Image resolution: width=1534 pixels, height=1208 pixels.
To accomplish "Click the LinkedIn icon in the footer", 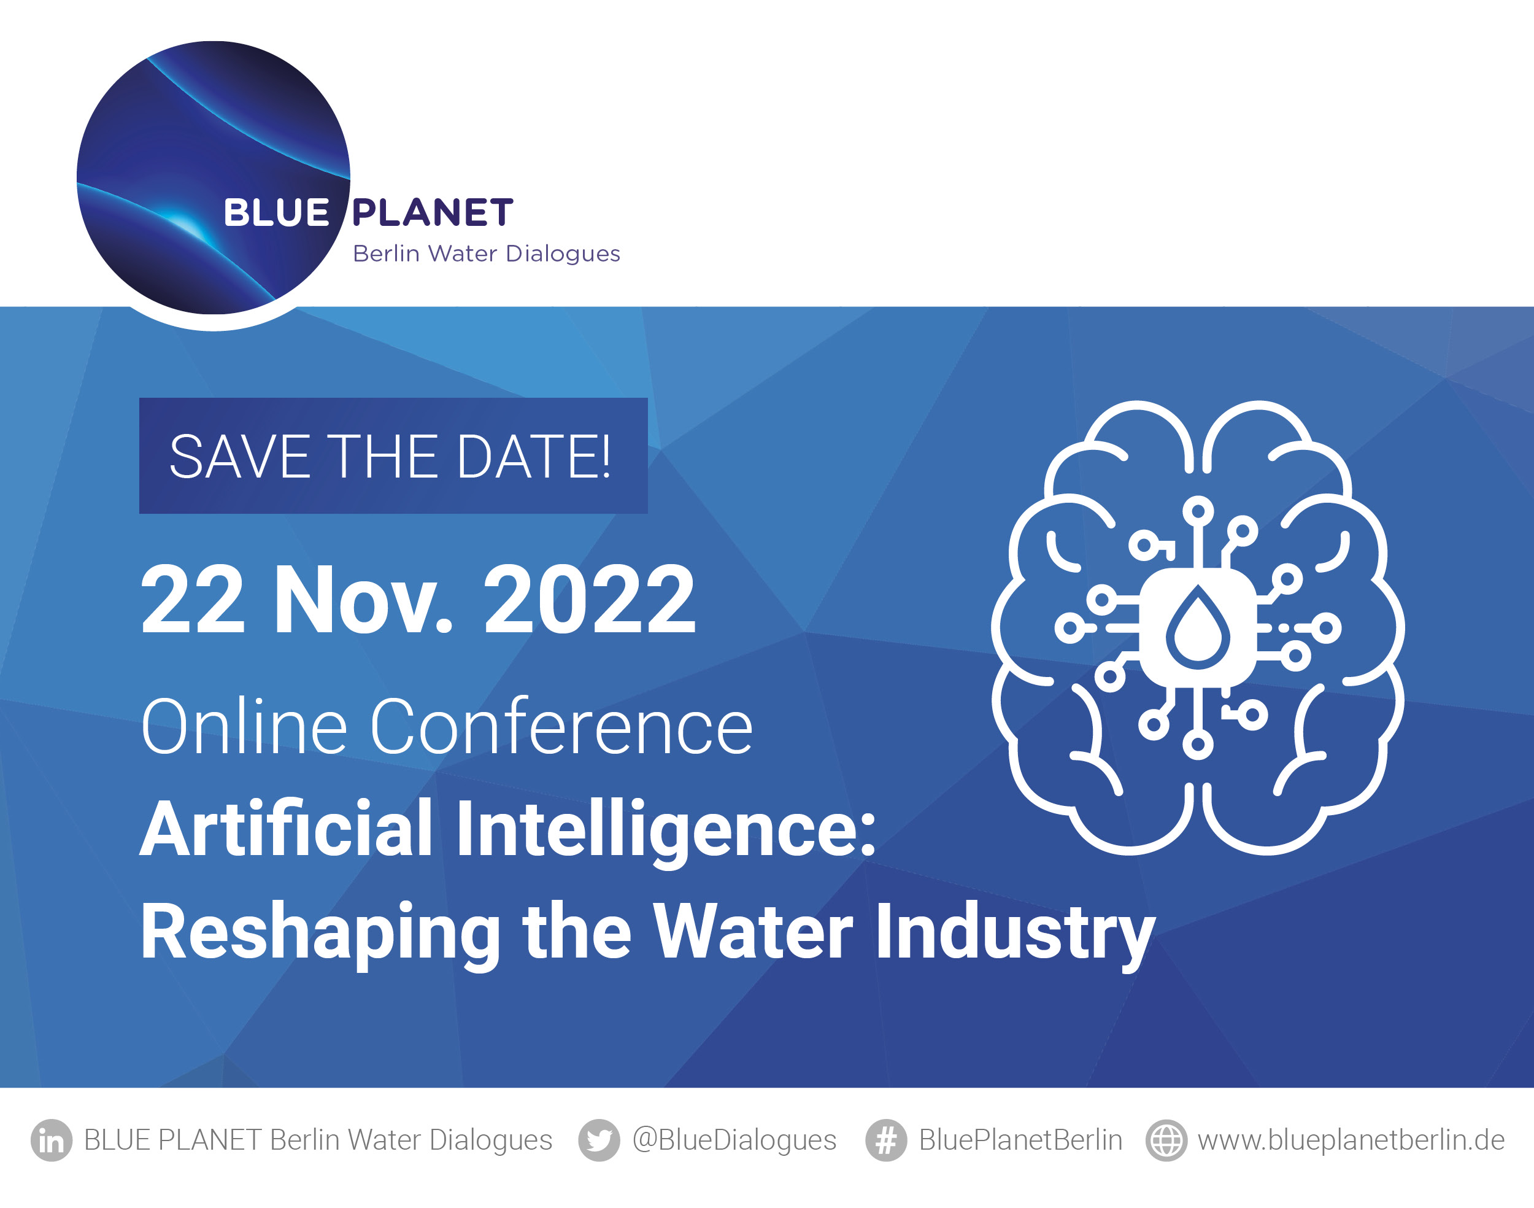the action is tap(51, 1140).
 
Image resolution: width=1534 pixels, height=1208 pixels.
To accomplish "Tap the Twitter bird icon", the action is tap(599, 1140).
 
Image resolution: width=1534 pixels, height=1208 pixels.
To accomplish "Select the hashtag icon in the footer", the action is tap(886, 1140).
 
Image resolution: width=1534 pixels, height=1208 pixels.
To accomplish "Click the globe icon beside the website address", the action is tap(1166, 1140).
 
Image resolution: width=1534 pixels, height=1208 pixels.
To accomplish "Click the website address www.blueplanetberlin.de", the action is tap(1351, 1140).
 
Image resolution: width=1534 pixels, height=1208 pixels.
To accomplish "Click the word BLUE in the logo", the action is tap(276, 213).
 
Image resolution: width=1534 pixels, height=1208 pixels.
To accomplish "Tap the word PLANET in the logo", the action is tap(433, 213).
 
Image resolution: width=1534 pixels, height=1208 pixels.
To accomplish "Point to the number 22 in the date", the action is tap(193, 600).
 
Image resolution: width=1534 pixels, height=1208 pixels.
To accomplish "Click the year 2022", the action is tap(590, 600).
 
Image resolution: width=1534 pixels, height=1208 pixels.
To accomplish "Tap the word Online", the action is tap(244, 726).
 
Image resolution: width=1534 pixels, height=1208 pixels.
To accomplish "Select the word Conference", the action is tap(562, 726).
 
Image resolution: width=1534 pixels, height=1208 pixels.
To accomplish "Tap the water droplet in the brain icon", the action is tap(1198, 628).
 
